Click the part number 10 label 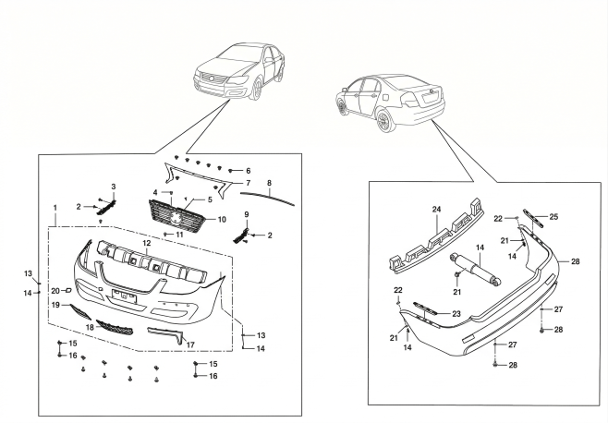(221, 220)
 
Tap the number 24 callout (436, 210)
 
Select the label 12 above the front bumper (145, 242)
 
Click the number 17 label (192, 345)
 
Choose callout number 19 (55, 304)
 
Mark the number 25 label (553, 216)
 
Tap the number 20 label (55, 291)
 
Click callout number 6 (249, 171)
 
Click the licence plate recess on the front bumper (123, 296)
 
